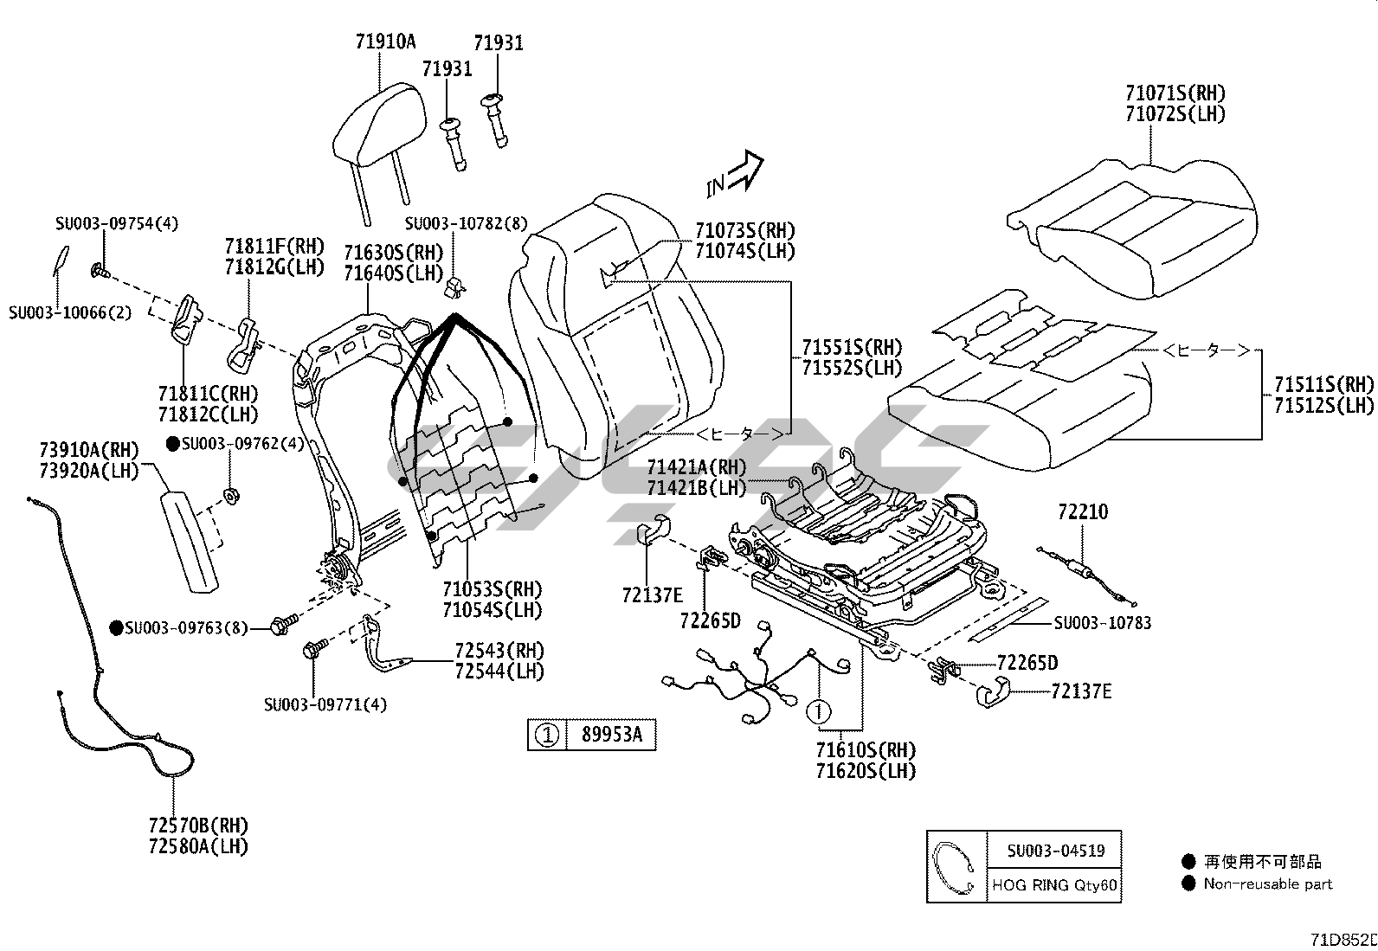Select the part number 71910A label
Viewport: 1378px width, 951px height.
pyautogui.click(x=385, y=41)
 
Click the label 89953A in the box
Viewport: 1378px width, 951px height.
pyautogui.click(x=611, y=736)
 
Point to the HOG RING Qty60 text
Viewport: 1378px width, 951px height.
pyautogui.click(x=1054, y=886)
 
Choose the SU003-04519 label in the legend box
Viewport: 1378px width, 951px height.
pyautogui.click(x=1055, y=851)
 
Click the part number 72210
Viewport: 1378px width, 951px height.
pyautogui.click(x=1082, y=511)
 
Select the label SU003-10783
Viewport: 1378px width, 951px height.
pyautogui.click(x=1102, y=623)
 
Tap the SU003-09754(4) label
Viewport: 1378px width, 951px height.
pyautogui.click(x=117, y=223)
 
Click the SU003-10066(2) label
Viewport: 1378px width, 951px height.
pyautogui.click(x=71, y=312)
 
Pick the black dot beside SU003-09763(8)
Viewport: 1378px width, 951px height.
pyautogui.click(x=117, y=627)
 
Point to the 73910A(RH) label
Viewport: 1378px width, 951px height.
pyautogui.click(x=89, y=450)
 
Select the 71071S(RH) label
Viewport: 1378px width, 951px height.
pyautogui.click(x=1175, y=93)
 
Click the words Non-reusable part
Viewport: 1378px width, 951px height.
pyautogui.click(x=1268, y=884)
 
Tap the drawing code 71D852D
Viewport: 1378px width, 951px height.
pyautogui.click(x=1343, y=940)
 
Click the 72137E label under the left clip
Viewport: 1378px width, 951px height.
pyautogui.click(x=652, y=594)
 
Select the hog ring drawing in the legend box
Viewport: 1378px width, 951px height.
pyautogui.click(x=956, y=869)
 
